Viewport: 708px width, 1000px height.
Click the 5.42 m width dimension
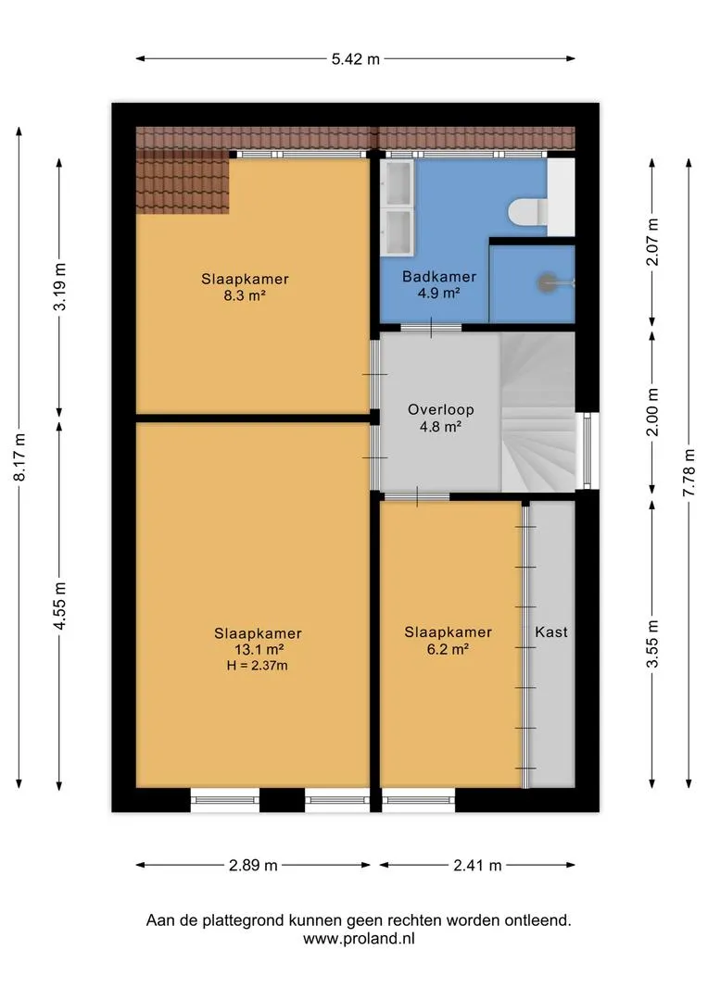[356, 58]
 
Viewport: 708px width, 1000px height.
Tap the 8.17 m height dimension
[20, 457]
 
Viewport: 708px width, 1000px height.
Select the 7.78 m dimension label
[689, 472]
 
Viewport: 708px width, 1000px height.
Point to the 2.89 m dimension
[253, 866]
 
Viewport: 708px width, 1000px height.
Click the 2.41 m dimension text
[477, 866]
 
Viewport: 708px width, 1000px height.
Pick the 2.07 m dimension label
[651, 242]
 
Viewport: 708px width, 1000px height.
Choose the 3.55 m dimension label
[651, 644]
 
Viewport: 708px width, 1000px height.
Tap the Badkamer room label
[439, 277]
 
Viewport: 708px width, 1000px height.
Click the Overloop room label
[440, 409]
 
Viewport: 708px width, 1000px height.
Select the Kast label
[551, 632]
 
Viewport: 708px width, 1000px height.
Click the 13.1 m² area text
[259, 649]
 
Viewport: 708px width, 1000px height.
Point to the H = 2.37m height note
[258, 666]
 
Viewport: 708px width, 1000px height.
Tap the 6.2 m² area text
[449, 649]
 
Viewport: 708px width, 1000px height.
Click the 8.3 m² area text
[245, 295]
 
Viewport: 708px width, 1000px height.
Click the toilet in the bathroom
[528, 212]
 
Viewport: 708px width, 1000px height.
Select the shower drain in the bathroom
[547, 281]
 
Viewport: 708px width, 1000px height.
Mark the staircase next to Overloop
[537, 411]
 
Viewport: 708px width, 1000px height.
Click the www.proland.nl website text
[359, 938]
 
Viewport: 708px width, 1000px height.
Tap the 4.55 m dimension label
[60, 606]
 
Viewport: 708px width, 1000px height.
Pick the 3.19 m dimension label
[60, 286]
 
